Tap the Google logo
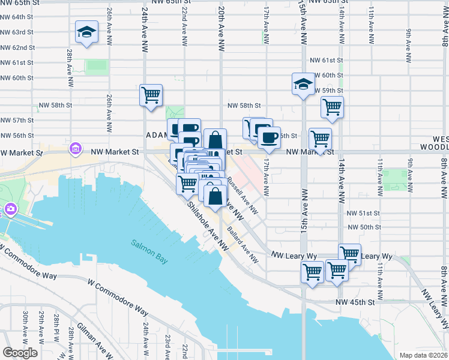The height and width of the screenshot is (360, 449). pyautogui.click(x=20, y=353)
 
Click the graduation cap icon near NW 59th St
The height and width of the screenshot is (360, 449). pyautogui.click(x=303, y=85)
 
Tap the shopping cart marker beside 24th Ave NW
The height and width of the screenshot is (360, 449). pyautogui.click(x=151, y=95)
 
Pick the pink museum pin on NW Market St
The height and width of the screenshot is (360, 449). pyautogui.click(x=76, y=148)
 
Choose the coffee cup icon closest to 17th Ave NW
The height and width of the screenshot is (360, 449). pyautogui.click(x=269, y=137)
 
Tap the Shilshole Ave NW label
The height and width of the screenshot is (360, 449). pyautogui.click(x=208, y=225)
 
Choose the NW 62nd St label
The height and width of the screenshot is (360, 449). pyautogui.click(x=17, y=47)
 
